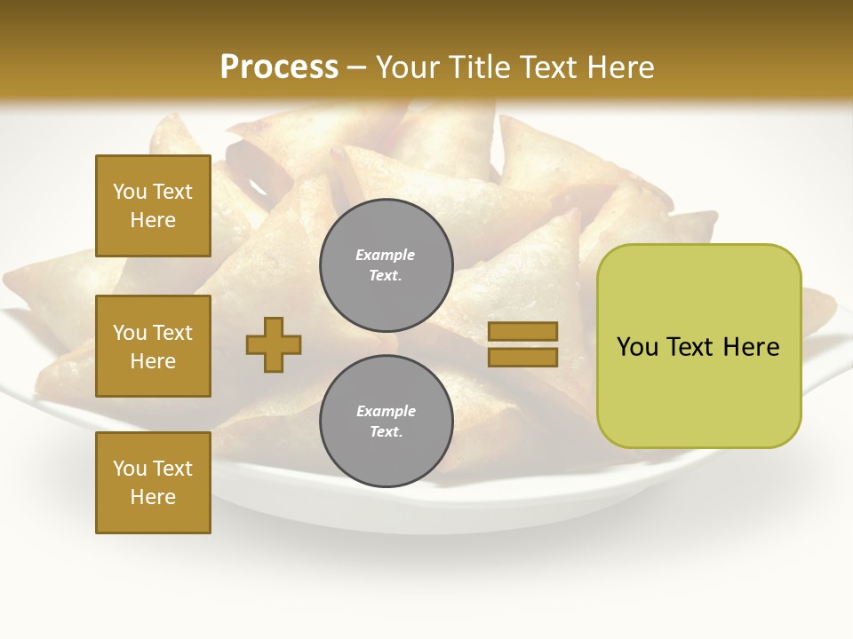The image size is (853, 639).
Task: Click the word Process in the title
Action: [x=279, y=67]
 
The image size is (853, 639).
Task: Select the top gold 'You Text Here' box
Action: [x=153, y=206]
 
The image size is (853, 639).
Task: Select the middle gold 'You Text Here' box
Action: [x=153, y=346]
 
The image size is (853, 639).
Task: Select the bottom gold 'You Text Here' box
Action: [x=153, y=483]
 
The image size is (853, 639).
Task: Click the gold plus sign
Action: [x=274, y=344]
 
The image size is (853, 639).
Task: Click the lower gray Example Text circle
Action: [x=387, y=422]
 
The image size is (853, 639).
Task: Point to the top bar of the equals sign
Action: [x=522, y=331]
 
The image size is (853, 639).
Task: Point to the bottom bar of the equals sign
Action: [x=522, y=358]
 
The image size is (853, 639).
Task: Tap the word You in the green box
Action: [x=638, y=347]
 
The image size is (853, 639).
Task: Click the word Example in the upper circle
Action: [x=385, y=255]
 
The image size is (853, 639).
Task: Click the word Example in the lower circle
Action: [x=386, y=411]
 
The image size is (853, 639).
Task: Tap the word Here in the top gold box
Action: [x=153, y=220]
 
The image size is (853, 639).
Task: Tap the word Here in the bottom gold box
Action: [x=153, y=497]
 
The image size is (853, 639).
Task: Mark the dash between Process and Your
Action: [x=357, y=68]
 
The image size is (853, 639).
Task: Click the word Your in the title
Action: [x=409, y=67]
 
